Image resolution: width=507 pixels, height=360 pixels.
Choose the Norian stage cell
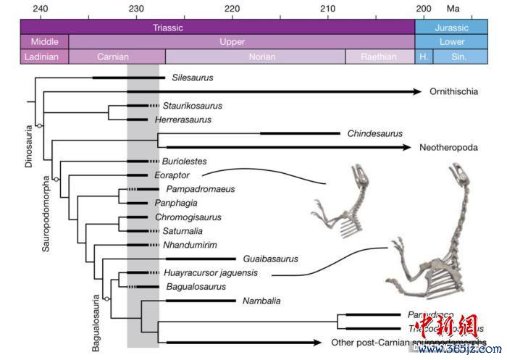[x=255, y=56]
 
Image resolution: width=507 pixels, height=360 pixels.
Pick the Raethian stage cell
[x=380, y=56]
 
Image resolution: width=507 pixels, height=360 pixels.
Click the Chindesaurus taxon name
[x=374, y=133]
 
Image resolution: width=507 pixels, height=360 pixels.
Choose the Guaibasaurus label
[x=272, y=259]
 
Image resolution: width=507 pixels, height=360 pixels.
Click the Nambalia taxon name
[x=261, y=301]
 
